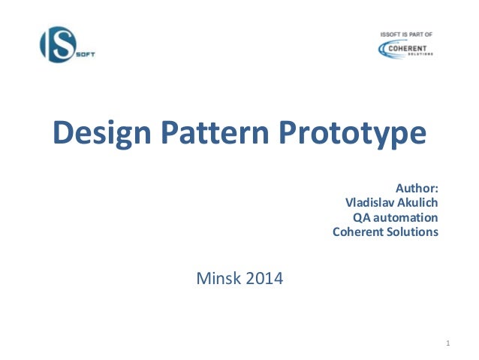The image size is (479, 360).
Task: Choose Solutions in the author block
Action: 412,231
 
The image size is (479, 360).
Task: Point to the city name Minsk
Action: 218,280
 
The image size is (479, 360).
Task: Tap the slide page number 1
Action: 447,344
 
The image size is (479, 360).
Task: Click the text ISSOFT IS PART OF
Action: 407,35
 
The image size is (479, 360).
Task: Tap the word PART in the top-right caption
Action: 417,35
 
